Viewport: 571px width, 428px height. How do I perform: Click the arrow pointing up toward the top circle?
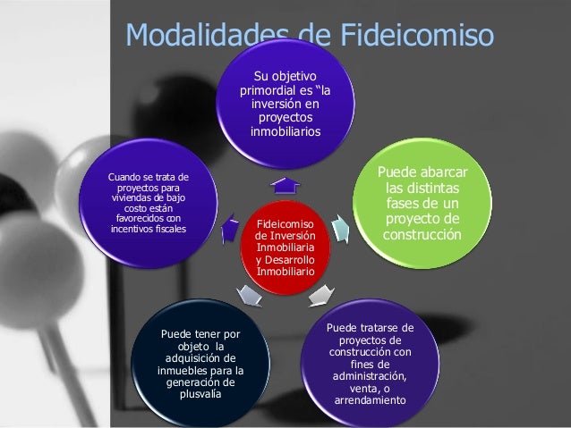(x=285, y=185)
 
